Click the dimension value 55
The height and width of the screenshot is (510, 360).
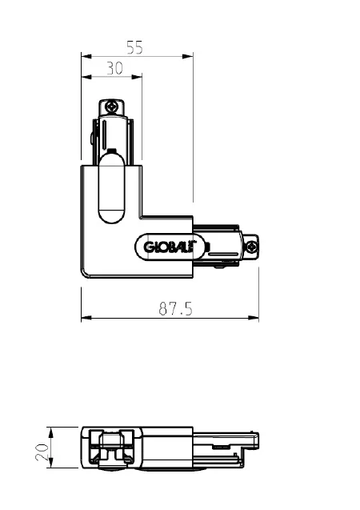pos(134,47)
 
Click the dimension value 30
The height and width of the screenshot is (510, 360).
pos(115,68)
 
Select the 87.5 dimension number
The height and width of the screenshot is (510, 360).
pos(175,309)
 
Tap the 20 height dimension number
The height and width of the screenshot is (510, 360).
pos(42,448)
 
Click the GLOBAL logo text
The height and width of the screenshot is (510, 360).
pos(169,247)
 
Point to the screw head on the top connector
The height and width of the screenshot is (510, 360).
pos(112,106)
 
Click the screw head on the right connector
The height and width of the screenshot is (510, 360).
pos(251,247)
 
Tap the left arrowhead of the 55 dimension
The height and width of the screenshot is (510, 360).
pos(86,56)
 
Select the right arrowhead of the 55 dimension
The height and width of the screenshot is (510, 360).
pos(188,56)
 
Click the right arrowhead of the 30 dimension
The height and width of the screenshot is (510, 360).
pos(137,77)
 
